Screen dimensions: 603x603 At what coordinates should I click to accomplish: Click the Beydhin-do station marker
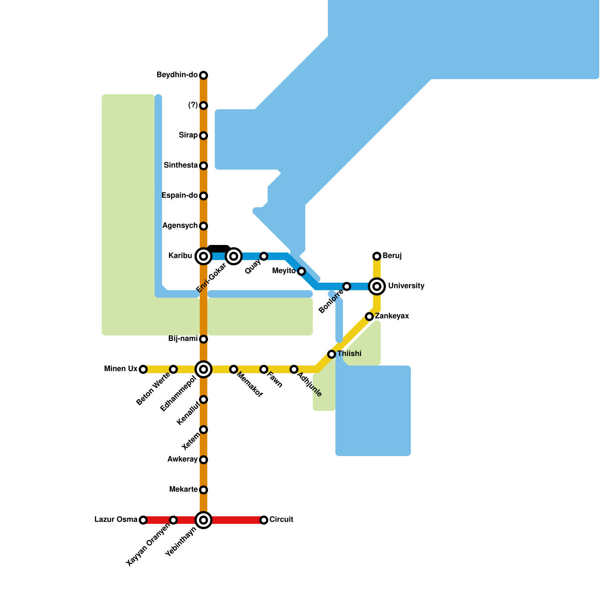click(x=204, y=75)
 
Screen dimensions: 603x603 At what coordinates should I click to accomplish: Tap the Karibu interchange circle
click(x=204, y=256)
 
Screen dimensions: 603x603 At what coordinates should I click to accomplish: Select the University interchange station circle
click(x=377, y=286)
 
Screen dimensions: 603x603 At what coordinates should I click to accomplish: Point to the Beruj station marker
click(x=377, y=256)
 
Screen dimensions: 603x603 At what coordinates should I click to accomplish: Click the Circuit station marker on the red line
click(x=264, y=520)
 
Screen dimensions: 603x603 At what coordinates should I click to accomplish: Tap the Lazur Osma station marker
click(x=143, y=520)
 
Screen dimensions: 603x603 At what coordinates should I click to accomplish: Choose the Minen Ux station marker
click(x=143, y=369)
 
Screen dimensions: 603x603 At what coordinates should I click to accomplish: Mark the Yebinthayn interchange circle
click(x=204, y=520)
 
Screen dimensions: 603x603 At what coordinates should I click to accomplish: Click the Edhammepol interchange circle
click(x=204, y=369)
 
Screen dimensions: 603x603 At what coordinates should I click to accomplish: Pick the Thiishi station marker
click(x=332, y=354)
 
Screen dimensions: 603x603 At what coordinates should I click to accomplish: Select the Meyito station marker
click(x=301, y=271)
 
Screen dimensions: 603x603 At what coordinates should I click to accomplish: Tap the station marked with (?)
click(x=204, y=106)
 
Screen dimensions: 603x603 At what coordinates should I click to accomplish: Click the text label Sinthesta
click(x=181, y=165)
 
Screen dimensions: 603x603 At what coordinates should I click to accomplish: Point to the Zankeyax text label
click(x=392, y=316)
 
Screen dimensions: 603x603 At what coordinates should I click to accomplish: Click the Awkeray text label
click(x=182, y=459)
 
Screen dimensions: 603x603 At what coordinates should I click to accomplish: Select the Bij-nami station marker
click(x=204, y=339)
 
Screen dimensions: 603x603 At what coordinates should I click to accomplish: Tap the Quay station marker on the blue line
click(x=264, y=256)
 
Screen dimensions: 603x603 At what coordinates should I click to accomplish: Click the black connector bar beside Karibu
click(x=219, y=248)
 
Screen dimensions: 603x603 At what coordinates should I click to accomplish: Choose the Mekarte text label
click(x=184, y=490)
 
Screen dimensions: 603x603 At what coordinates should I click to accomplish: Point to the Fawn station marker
click(x=264, y=369)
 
